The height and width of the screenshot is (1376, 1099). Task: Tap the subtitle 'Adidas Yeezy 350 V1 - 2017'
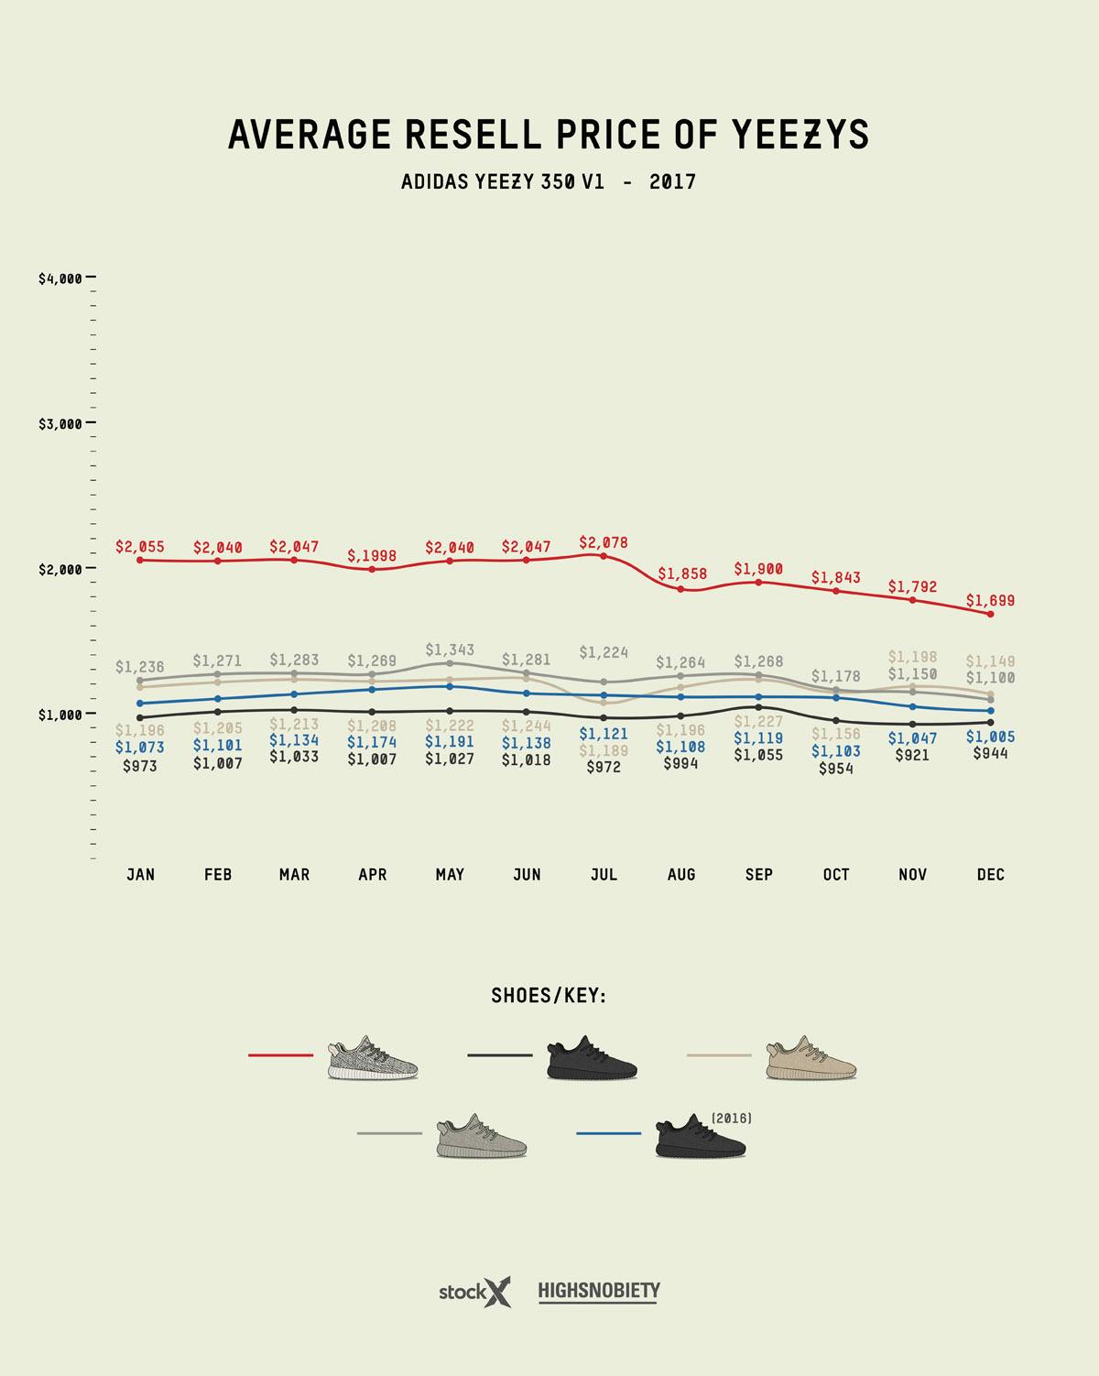click(549, 181)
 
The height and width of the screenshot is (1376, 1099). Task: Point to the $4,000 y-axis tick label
click(60, 278)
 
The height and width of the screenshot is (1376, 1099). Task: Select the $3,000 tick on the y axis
click(60, 423)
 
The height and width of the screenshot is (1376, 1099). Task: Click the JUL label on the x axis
click(604, 875)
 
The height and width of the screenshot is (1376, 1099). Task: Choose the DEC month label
click(990, 875)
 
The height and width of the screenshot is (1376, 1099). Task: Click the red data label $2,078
click(604, 542)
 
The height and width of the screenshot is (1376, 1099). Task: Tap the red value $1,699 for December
click(990, 601)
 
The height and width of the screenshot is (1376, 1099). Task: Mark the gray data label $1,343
click(450, 650)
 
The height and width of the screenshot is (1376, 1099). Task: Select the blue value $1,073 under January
click(140, 748)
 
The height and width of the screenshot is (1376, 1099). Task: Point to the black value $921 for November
click(912, 755)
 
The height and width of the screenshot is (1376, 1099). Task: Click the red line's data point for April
click(372, 569)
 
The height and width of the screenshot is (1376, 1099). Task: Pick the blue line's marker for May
click(450, 686)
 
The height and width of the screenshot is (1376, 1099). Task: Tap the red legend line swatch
click(280, 1055)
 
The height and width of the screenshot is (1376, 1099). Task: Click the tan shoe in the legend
click(811, 1059)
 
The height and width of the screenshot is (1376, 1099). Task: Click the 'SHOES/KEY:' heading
click(549, 996)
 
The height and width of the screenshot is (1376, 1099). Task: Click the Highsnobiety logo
click(599, 1292)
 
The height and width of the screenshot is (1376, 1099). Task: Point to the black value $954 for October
click(835, 769)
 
